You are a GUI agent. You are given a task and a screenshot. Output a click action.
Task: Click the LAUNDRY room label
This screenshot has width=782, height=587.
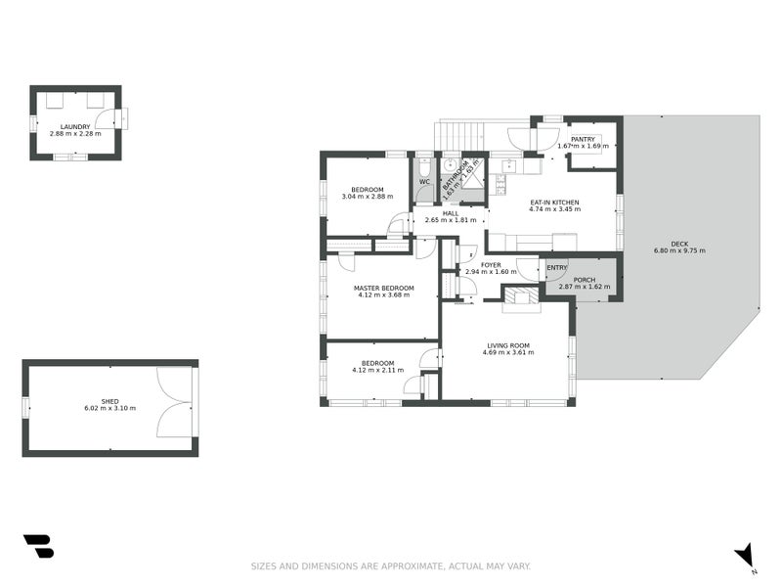[x=75, y=126]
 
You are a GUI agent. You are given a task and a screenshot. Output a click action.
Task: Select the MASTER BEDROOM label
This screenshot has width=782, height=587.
[x=383, y=288]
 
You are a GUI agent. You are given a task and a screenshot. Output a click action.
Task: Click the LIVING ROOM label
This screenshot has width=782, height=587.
[x=508, y=345]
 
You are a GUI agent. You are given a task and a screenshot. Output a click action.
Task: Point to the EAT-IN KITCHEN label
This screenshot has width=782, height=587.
[x=554, y=202]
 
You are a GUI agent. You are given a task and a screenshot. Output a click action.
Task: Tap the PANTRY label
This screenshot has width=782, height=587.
[x=583, y=139]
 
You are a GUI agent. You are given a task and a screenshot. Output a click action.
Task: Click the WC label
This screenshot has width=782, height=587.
[x=424, y=182]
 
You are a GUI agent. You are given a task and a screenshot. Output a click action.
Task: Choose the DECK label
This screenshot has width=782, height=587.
[x=678, y=244]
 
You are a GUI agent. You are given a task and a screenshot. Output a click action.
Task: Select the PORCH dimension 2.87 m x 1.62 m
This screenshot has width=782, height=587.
[x=584, y=288]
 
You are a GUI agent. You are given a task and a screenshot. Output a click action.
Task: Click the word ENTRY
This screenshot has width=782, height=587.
[x=557, y=267]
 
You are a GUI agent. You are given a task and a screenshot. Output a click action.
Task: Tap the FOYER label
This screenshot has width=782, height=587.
[x=491, y=264]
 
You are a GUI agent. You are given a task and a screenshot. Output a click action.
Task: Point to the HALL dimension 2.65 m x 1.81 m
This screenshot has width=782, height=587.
[x=450, y=220]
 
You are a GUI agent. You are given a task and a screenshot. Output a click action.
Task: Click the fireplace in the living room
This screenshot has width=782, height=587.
[x=520, y=299]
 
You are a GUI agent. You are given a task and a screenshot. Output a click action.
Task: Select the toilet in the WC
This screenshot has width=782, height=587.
[x=424, y=166]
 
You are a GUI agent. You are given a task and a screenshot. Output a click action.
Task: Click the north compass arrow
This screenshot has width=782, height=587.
[x=745, y=555]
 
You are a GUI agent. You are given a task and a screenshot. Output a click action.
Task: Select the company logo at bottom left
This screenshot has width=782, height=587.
[x=38, y=546]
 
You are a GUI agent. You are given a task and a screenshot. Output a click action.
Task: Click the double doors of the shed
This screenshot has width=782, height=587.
[x=176, y=406]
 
